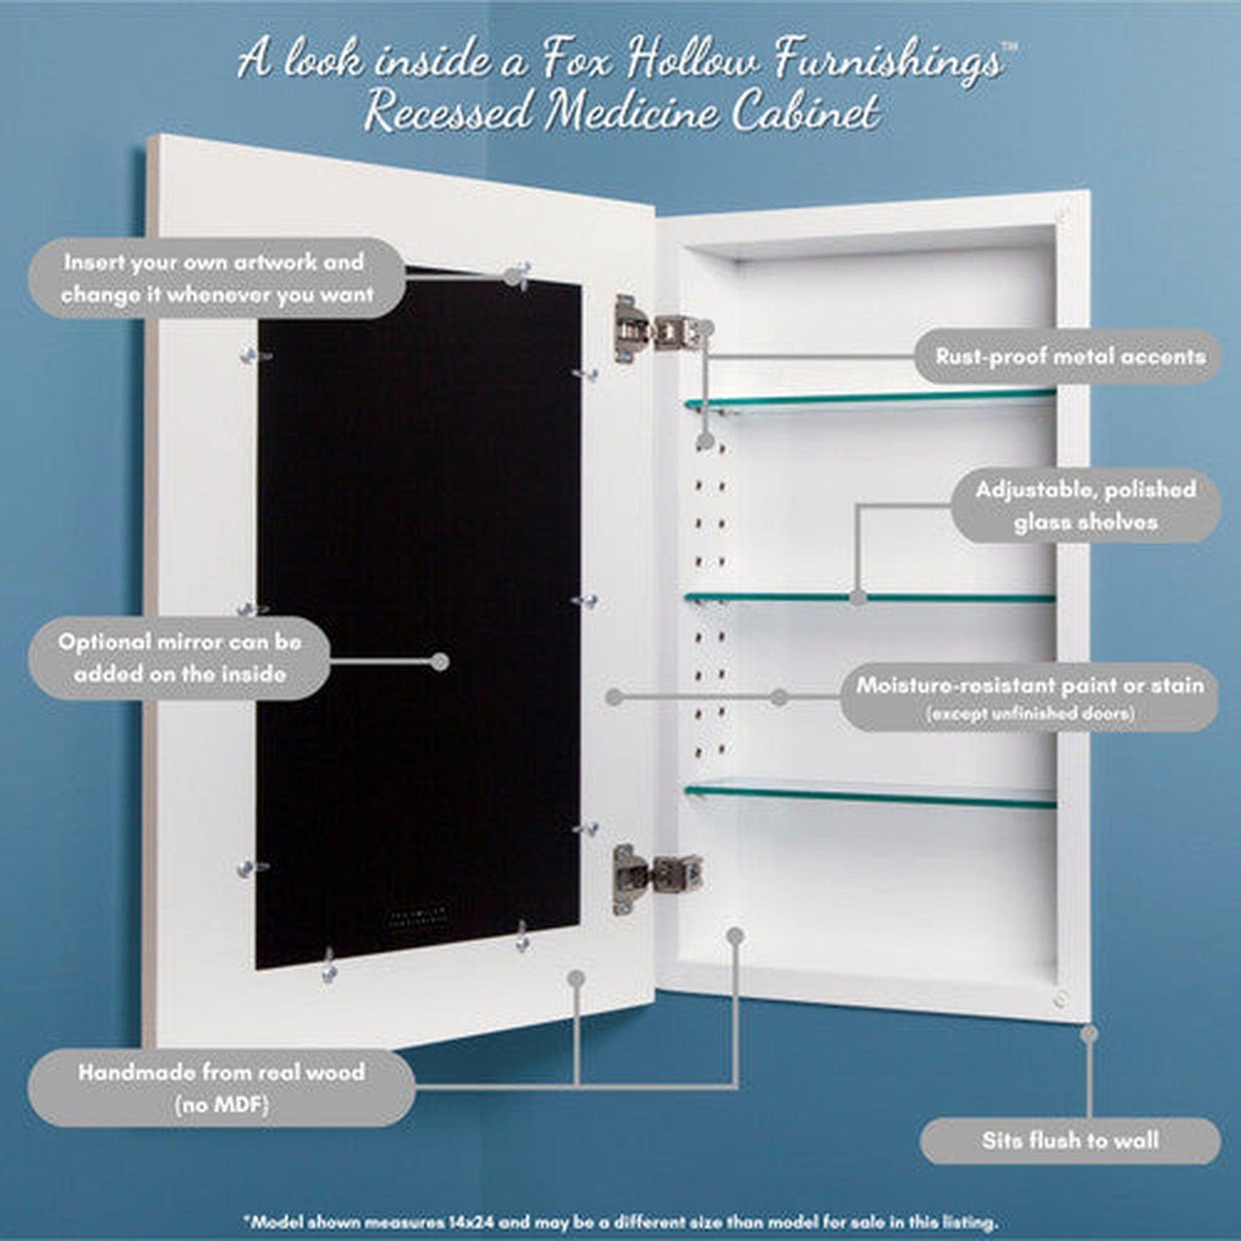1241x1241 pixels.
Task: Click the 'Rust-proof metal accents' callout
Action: coord(1070,356)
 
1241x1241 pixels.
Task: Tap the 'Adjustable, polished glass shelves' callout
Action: coord(1086,505)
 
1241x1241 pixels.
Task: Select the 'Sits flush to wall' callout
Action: coord(1070,1141)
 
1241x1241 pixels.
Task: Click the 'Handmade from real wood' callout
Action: coord(222,1087)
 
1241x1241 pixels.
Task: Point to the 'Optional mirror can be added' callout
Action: coord(179,658)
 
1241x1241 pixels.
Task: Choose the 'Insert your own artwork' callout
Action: coord(218,278)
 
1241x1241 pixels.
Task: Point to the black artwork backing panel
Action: coord(418,618)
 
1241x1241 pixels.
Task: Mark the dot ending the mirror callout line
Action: coord(440,661)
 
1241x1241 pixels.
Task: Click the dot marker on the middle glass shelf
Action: coord(856,597)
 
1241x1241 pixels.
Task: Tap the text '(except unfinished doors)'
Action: coord(1030,713)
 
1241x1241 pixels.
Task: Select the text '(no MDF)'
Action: coord(222,1105)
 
